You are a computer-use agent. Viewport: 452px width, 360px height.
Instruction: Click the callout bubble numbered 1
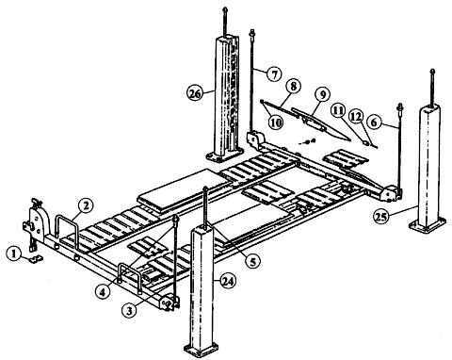click(14, 254)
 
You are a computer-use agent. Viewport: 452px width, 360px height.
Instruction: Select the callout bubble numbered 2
click(86, 206)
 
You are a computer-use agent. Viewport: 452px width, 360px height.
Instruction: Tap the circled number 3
click(129, 310)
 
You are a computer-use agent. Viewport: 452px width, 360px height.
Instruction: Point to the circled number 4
click(104, 292)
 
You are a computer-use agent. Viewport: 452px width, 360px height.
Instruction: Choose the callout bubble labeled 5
click(253, 261)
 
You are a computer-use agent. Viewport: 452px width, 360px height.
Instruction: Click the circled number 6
click(374, 122)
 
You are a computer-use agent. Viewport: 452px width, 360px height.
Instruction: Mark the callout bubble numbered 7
click(274, 74)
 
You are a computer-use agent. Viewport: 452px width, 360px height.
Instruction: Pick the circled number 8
click(293, 86)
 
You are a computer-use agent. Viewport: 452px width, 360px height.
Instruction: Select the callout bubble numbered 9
click(323, 94)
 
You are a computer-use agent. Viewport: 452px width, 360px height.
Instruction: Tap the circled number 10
click(275, 122)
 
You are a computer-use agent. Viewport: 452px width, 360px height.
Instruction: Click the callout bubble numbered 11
click(338, 110)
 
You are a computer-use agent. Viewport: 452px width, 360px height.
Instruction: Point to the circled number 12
click(357, 116)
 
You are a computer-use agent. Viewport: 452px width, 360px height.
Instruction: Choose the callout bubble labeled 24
click(228, 282)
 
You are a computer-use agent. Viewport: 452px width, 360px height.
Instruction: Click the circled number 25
click(381, 217)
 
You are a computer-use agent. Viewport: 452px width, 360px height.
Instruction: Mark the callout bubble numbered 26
click(195, 93)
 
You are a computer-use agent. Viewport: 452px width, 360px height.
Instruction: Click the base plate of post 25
click(428, 225)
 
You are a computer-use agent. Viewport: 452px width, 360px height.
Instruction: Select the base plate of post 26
click(225, 155)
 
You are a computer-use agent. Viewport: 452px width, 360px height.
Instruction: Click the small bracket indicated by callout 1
click(37, 259)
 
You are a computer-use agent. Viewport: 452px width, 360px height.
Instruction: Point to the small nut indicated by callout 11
click(365, 142)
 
